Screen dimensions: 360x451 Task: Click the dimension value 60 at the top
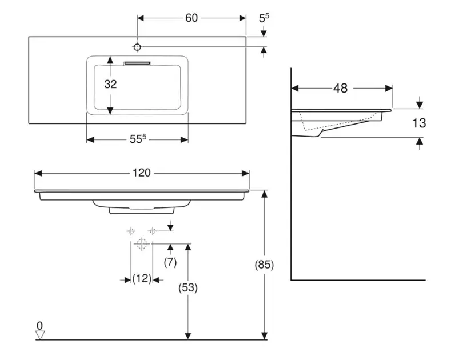point(191,18)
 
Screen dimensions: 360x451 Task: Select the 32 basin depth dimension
point(110,84)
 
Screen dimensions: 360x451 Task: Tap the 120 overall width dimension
point(142,173)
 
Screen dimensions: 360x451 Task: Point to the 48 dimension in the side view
point(340,88)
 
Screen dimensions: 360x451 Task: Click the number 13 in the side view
point(419,123)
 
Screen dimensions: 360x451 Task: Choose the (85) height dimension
point(264,265)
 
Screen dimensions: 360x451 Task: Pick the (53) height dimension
point(187,289)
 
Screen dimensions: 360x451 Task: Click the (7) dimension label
point(170,262)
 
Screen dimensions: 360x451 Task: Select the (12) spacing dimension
point(141,279)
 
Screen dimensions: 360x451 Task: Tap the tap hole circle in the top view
point(138,46)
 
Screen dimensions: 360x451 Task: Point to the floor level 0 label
point(39,326)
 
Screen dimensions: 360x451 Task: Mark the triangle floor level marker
point(40,335)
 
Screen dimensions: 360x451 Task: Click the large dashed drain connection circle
point(142,245)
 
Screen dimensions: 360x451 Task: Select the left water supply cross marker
point(131,231)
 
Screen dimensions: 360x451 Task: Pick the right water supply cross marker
point(152,231)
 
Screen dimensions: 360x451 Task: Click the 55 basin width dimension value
point(137,139)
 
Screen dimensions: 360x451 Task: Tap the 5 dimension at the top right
point(264,18)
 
